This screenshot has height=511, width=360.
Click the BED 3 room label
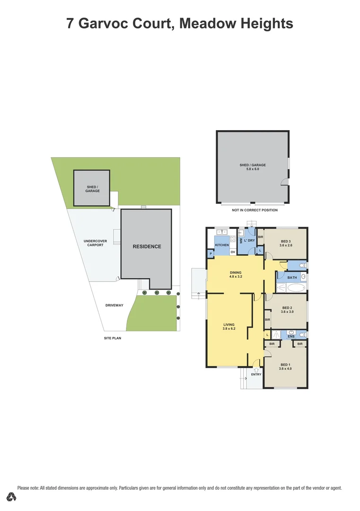pos(286,241)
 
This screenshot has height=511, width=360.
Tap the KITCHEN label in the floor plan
pos(222,245)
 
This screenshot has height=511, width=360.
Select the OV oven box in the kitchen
pos(233,252)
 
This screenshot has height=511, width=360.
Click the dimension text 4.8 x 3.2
pos(236,276)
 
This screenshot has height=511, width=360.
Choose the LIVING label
pos(229,325)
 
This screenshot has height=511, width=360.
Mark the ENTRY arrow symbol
pos(256,370)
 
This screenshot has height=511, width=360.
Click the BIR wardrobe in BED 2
pos(267,320)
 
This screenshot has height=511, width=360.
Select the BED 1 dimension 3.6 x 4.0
pos(285,369)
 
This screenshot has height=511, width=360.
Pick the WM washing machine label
pos(241,241)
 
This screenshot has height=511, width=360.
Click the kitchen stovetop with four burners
pos(221,232)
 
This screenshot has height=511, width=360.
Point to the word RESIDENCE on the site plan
pos(147,247)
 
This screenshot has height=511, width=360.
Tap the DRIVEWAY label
pos(114,305)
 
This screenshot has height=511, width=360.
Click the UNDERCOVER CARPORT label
pos(96,243)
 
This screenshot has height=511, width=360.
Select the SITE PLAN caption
pos(113,338)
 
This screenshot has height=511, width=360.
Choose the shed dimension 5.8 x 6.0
pos(253,169)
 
